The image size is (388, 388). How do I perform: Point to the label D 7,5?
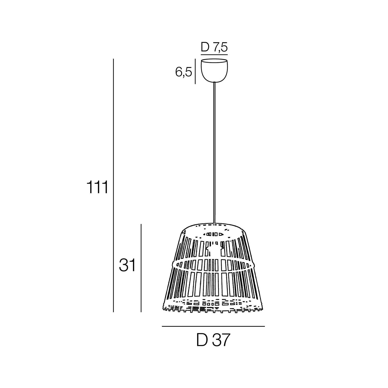click(214, 48)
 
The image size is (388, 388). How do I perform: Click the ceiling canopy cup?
click(215, 70)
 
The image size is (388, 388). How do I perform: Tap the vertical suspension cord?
click(214, 153)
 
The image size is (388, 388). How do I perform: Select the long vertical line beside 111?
click(114, 185)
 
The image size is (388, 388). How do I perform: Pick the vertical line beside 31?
click(141, 268)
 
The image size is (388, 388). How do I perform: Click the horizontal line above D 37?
click(213, 326)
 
